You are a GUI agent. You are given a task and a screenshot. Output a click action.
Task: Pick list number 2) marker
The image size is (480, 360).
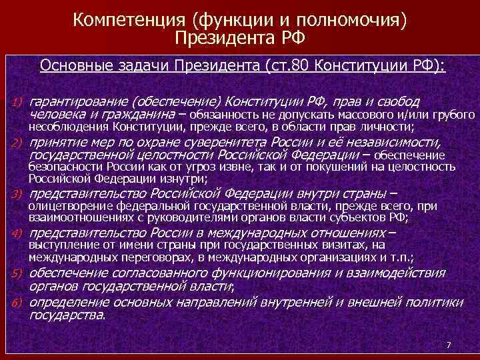(x=17, y=143)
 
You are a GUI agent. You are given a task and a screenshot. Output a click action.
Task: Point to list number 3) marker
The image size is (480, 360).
(x=17, y=195)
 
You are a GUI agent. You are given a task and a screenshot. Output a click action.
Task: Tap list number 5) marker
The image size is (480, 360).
(x=17, y=273)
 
